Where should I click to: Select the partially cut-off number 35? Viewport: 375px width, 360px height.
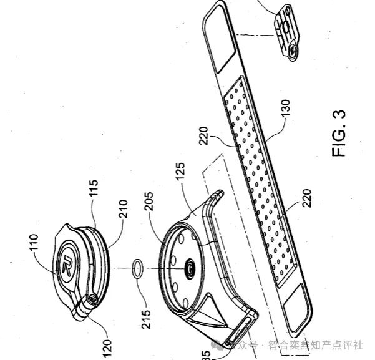(207, 354)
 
